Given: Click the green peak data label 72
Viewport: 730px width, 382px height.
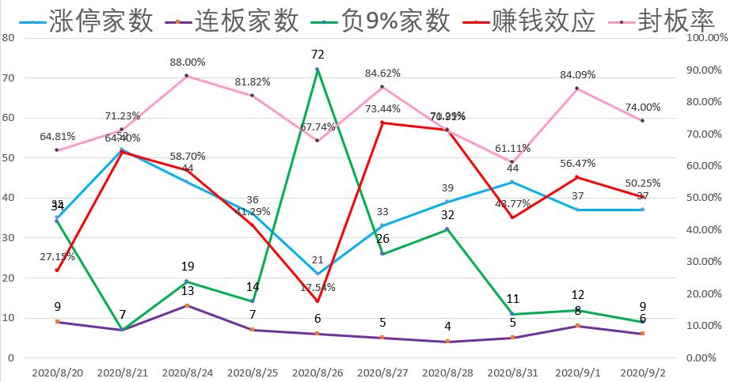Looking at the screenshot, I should pyautogui.click(x=317, y=55).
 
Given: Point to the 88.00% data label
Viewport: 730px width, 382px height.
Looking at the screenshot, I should pyautogui.click(x=188, y=62).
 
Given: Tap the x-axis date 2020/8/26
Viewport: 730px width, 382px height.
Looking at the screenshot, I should pyautogui.click(x=317, y=371).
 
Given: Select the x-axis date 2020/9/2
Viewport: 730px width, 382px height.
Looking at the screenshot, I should pyautogui.click(x=642, y=371).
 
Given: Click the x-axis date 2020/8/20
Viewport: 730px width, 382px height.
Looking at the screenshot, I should pyautogui.click(x=57, y=371).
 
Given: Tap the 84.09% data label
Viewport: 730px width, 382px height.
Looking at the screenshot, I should pyautogui.click(x=577, y=74).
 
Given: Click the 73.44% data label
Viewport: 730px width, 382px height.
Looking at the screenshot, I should pyautogui.click(x=382, y=109).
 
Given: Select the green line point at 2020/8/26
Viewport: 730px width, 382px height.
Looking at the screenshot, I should pyautogui.click(x=317, y=70).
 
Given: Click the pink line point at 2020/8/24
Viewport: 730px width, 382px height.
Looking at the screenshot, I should pyautogui.click(x=187, y=76).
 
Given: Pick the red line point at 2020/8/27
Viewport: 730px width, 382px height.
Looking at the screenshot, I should pyautogui.click(x=382, y=123).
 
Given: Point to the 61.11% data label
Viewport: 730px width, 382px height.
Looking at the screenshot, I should pyautogui.click(x=512, y=148).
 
